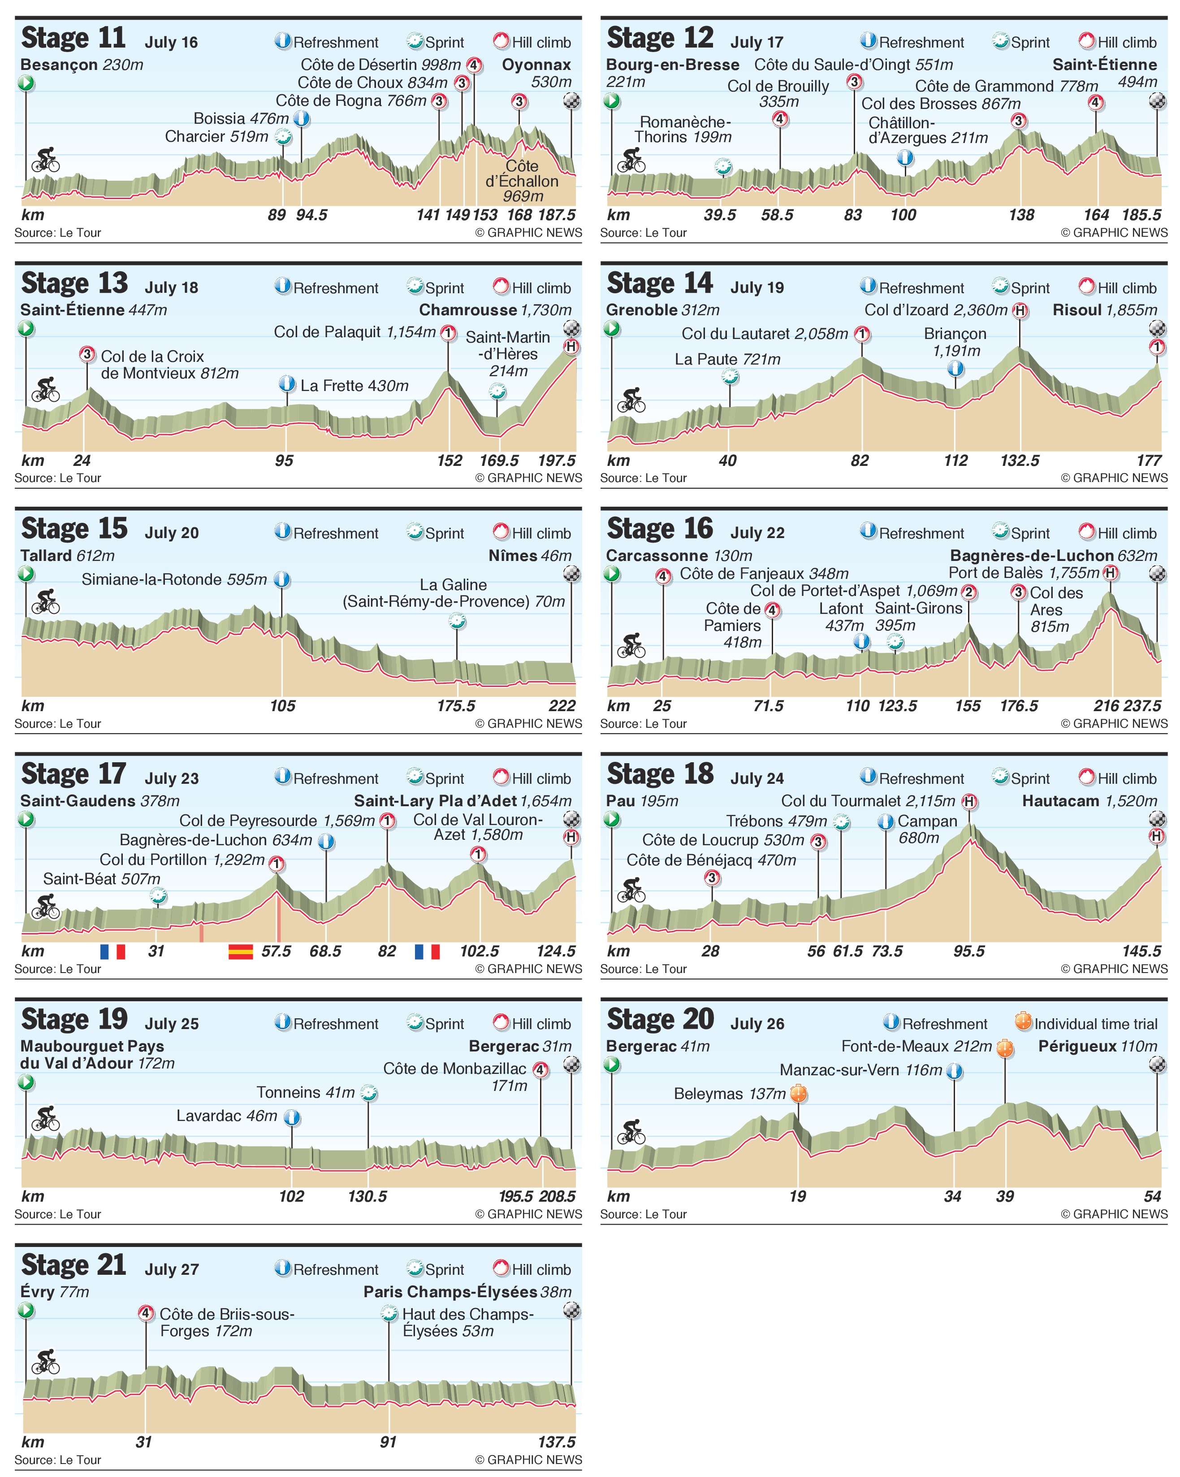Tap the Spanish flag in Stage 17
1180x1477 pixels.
click(x=240, y=951)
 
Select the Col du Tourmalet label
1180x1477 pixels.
click(x=868, y=801)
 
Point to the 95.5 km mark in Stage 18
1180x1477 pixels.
click(x=968, y=951)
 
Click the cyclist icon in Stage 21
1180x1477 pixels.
click(x=46, y=1361)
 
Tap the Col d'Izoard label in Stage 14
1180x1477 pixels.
click(x=935, y=310)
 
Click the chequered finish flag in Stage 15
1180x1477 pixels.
click(x=571, y=574)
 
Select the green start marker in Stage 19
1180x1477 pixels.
click(x=26, y=1082)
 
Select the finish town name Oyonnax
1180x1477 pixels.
click(x=536, y=65)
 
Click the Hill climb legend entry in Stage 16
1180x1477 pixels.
click(x=1118, y=533)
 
